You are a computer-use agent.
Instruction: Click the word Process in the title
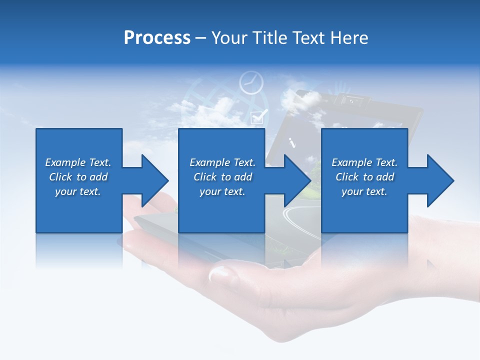click(x=157, y=38)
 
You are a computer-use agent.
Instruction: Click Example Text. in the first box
click(x=78, y=162)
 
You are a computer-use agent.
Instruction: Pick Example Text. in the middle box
click(x=222, y=162)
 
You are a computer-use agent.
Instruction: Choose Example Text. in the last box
click(x=364, y=162)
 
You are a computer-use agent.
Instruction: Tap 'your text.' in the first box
click(x=78, y=191)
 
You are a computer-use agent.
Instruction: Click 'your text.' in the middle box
click(x=222, y=191)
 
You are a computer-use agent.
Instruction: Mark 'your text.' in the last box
click(x=364, y=191)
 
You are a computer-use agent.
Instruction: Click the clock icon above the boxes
click(x=250, y=82)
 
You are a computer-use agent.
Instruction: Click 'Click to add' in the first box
click(x=78, y=177)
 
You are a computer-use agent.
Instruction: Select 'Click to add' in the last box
click(x=364, y=177)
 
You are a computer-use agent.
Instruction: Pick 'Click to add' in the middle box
click(x=222, y=177)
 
